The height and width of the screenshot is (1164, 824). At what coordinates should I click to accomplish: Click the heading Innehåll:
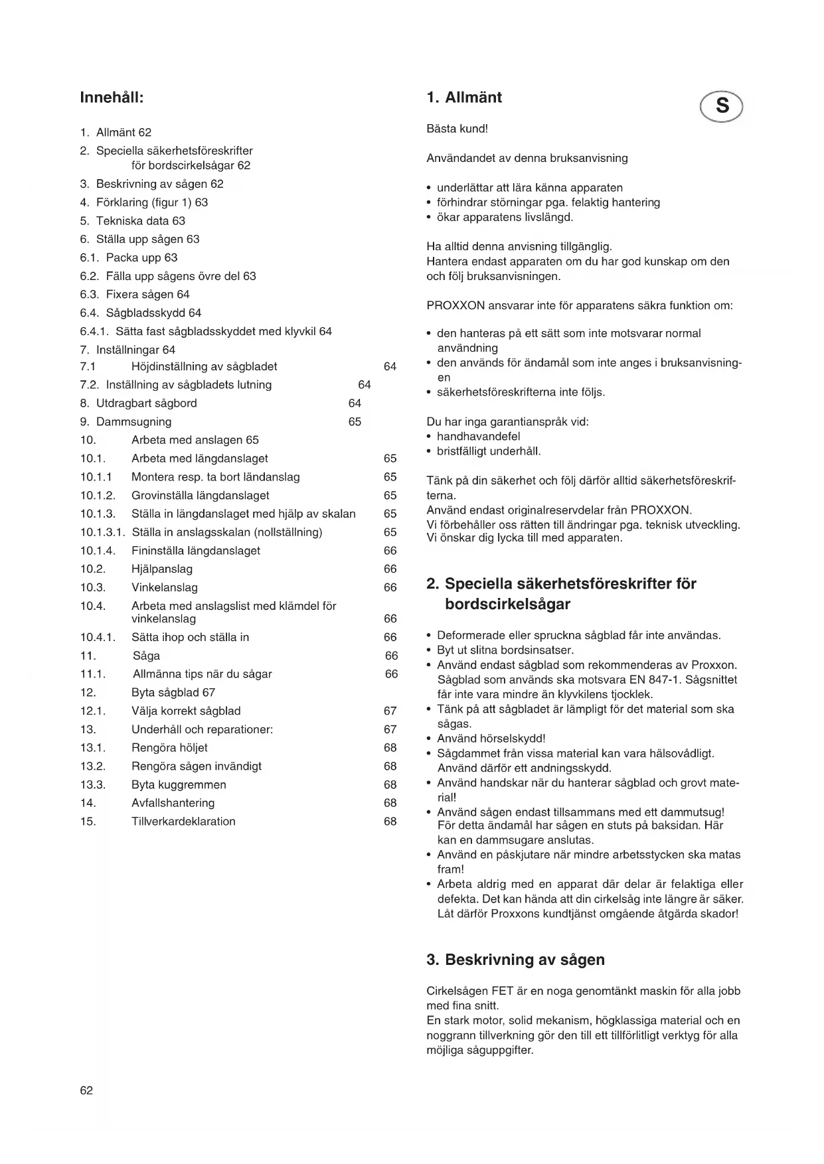tap(112, 98)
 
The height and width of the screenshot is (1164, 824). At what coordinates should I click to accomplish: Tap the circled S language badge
tap(722, 106)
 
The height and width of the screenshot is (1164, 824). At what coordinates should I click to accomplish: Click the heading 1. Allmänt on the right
tap(464, 98)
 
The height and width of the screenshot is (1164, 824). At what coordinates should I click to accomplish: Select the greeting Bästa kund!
tap(457, 129)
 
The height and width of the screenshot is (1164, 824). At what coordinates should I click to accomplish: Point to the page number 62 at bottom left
tap(86, 1090)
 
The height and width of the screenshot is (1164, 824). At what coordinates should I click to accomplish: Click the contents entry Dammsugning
tap(133, 421)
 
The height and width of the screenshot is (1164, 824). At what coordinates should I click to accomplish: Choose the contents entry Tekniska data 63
tap(141, 221)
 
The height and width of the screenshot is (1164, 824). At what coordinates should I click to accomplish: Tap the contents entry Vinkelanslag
tap(165, 587)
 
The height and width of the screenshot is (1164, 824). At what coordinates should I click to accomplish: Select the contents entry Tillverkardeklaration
tap(183, 821)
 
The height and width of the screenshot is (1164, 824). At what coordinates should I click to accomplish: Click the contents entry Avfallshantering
tap(173, 802)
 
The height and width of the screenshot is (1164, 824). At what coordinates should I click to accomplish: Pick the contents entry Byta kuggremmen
tap(179, 784)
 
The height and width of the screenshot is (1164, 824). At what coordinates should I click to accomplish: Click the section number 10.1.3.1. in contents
tap(103, 532)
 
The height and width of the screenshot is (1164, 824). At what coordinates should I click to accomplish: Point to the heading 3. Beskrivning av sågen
tap(515, 960)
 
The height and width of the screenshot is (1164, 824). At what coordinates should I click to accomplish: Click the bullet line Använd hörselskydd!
tap(491, 738)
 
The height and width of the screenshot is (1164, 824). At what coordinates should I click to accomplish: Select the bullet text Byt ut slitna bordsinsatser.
tap(505, 650)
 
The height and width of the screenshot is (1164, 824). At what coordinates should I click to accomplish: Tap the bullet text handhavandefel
tap(478, 436)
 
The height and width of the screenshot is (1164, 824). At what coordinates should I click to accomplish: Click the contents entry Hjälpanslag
tap(162, 569)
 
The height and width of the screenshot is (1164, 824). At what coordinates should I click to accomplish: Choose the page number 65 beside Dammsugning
tap(355, 421)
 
